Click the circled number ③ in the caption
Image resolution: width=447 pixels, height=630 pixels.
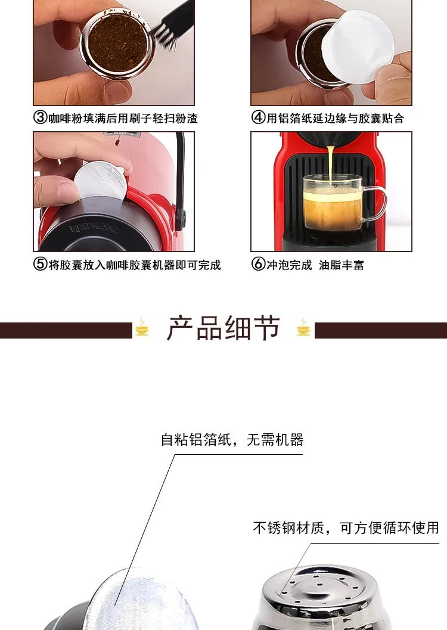tap(40, 118)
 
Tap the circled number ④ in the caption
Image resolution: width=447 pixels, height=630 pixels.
tap(258, 118)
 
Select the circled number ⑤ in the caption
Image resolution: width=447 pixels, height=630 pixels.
tap(40, 265)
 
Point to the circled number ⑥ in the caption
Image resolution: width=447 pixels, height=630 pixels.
tap(258, 265)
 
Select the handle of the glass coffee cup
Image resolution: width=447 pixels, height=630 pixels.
tap(375, 203)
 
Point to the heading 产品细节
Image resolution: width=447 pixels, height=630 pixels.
tap(223, 329)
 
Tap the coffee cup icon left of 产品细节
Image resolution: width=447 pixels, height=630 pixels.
tap(142, 328)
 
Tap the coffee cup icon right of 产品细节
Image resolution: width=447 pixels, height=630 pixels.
tap(305, 328)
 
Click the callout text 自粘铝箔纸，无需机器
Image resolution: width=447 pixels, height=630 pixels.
tap(232, 440)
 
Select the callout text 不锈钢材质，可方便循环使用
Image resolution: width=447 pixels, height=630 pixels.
tap(346, 527)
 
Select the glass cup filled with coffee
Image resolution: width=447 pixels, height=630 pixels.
tap(331, 203)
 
